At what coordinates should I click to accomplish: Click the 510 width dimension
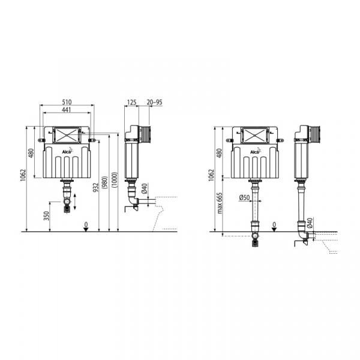coord(67,102)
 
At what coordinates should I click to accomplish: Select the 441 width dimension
coord(67,110)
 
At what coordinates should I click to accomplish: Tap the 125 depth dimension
coord(131,102)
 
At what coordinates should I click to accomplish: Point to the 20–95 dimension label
coord(155,102)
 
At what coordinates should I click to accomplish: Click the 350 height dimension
coord(47,216)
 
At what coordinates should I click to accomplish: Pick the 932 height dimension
coord(96,187)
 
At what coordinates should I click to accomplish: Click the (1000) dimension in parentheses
coord(115,180)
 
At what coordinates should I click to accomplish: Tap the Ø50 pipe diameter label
coord(244,197)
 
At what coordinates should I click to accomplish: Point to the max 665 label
coord(220,203)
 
